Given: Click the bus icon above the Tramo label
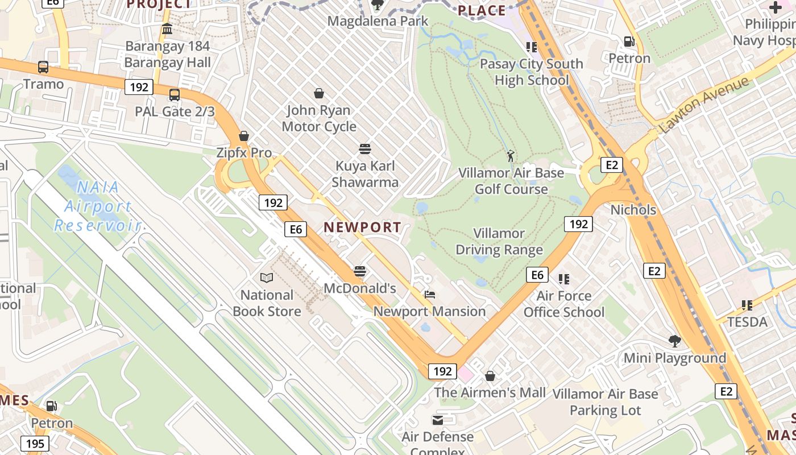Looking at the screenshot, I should point(43,67).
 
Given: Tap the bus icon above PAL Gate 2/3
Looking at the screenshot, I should point(175,95).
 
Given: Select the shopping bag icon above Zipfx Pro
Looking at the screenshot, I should point(244,136).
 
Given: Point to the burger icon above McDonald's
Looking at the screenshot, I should point(360,271).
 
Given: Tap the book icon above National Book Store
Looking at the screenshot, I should point(267,278).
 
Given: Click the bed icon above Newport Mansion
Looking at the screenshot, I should point(430,295).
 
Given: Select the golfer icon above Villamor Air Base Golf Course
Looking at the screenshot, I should point(511,155).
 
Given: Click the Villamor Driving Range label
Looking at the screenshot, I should point(499,242).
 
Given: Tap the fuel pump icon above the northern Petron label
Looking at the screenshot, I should point(629,42).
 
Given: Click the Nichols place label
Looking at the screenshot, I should point(633,210).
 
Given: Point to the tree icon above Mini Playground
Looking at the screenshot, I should point(675,341).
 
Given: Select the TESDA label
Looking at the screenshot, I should point(747,322).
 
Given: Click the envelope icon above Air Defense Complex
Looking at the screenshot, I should point(438,420).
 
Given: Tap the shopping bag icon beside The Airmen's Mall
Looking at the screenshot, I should point(490,376).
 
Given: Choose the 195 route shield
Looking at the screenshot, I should point(35,444).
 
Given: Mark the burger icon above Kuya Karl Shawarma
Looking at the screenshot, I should point(365,149).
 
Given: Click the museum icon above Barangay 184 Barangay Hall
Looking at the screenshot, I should point(167,29).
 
